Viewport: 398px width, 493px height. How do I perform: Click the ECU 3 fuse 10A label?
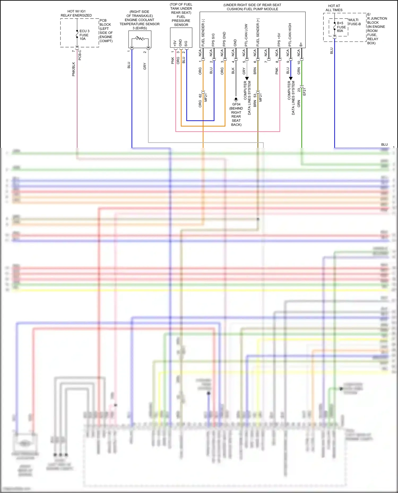[x=84, y=35]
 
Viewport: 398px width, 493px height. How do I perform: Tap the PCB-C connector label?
[x=80, y=55]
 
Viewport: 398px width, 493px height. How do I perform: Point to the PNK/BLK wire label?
[x=74, y=69]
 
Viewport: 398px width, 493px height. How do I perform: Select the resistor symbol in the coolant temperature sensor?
[x=140, y=39]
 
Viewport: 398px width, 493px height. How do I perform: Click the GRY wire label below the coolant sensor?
[x=145, y=66]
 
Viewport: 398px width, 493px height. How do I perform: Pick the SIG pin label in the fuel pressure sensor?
[x=186, y=43]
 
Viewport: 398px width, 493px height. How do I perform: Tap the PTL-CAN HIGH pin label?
[x=290, y=35]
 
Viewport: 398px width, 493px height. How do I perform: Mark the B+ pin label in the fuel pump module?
[x=301, y=44]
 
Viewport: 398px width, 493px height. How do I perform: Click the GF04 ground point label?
[x=236, y=104]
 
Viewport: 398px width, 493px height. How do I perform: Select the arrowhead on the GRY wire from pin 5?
[x=247, y=78]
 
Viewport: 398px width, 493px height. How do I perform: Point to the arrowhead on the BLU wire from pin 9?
[x=291, y=78]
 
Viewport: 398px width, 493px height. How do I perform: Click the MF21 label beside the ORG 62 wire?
[x=206, y=97]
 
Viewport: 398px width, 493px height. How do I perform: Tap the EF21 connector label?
[x=305, y=92]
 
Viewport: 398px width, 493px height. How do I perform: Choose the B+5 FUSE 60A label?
[x=341, y=27]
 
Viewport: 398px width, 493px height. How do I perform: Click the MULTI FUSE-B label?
[x=354, y=22]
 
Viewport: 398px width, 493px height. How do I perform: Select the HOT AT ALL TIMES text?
[x=334, y=8]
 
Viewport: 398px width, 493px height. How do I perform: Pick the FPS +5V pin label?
[x=279, y=40]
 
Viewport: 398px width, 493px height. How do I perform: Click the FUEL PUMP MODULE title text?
[x=252, y=7]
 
